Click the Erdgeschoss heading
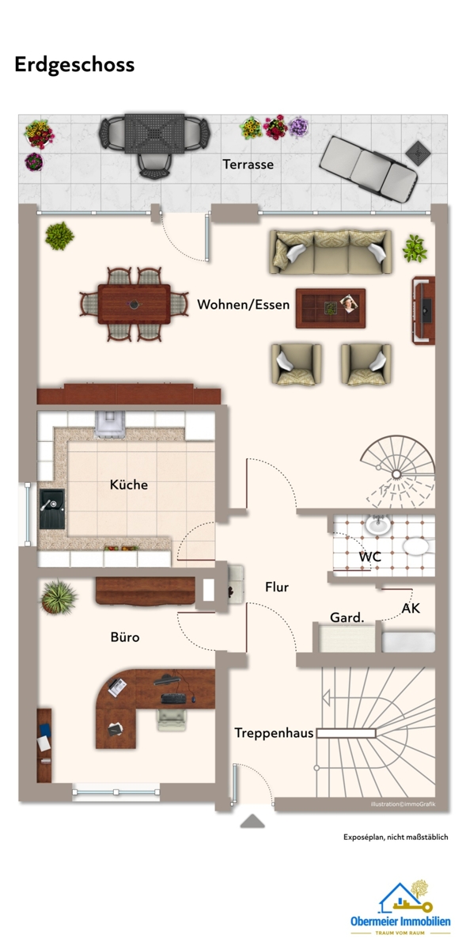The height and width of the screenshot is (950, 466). point(74,65)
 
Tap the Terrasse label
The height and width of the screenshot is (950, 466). point(248,164)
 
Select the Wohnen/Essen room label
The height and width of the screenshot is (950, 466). point(244,305)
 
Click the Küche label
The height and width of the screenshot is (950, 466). point(129,484)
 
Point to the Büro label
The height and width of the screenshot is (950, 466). point(125,637)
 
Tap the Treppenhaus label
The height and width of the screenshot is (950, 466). point(274,733)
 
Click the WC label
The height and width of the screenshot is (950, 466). point(370,557)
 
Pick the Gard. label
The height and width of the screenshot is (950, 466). point(347,617)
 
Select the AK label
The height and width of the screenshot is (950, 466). point(411,609)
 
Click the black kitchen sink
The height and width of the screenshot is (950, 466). point(52,509)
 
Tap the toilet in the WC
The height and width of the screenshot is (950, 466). point(418,546)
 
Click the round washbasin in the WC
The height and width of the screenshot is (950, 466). point(378,526)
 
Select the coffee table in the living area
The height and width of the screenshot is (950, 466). point(331,308)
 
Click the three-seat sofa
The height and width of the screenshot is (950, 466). point(330,253)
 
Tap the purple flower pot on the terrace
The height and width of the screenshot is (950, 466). point(298,127)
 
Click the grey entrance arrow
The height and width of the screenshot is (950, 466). point(252,821)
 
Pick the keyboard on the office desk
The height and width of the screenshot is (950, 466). point(173,698)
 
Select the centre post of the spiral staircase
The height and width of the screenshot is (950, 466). point(396,473)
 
